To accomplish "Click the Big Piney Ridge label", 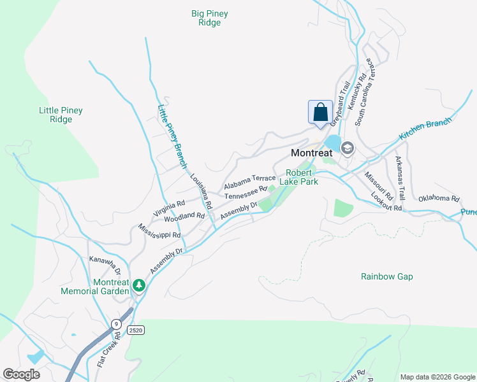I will [209, 18].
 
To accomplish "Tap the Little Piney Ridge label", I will [61, 115].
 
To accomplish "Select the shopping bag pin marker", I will [320, 112].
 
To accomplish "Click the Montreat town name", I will [311, 153].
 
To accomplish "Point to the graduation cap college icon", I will [348, 149].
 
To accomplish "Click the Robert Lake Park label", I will [302, 176].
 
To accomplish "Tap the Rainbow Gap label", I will [386, 276].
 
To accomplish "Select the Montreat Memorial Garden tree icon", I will [139, 288].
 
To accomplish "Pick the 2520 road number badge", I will [135, 330].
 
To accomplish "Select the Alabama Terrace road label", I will [249, 182].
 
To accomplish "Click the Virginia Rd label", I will [168, 208].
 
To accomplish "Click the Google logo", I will [21, 374].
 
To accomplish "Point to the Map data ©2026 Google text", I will [437, 377].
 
